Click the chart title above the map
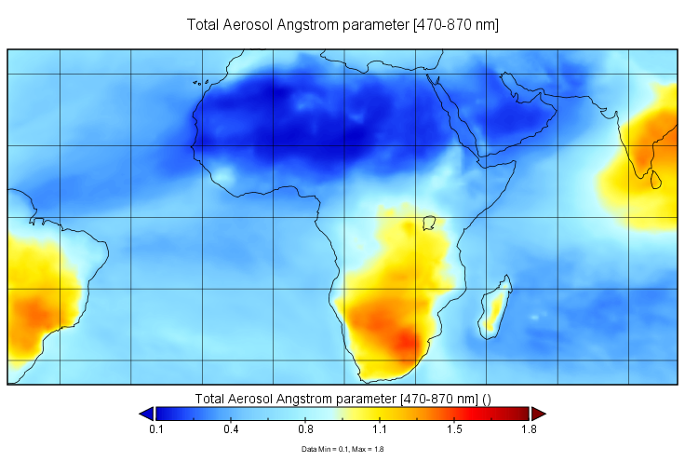342,25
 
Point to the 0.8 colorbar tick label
305,429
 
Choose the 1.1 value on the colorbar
380,429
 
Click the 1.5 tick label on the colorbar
454,429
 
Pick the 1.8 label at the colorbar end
530,429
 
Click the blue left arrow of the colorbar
145,414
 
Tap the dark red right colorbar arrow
538,414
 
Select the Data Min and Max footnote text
342,449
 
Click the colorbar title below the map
342,398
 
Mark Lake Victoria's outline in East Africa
429,223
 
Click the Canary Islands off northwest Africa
199,83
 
